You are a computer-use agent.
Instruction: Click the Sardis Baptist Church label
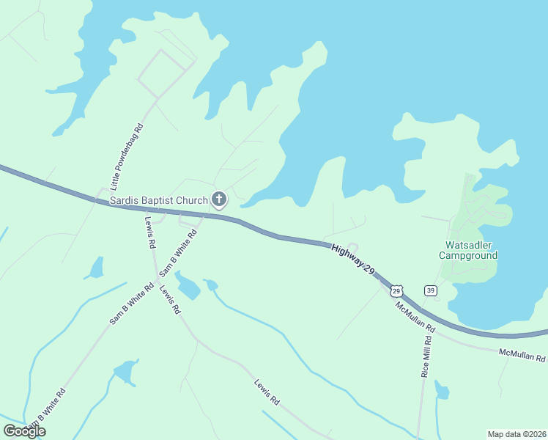coord(159,199)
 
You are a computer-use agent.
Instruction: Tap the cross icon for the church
coord(218,199)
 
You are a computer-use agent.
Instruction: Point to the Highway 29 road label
coord(352,260)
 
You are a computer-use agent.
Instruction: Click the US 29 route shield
coord(396,290)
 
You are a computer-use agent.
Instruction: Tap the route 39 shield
coord(431,290)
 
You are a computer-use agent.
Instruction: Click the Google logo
coord(24,431)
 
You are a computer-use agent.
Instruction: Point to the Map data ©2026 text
coord(516,434)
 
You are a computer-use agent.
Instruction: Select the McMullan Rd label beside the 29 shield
coord(415,316)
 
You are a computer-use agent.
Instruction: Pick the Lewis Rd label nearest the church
coord(151,232)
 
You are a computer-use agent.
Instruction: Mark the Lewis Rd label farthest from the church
coord(267,392)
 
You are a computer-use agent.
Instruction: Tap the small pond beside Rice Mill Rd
coord(441,389)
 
